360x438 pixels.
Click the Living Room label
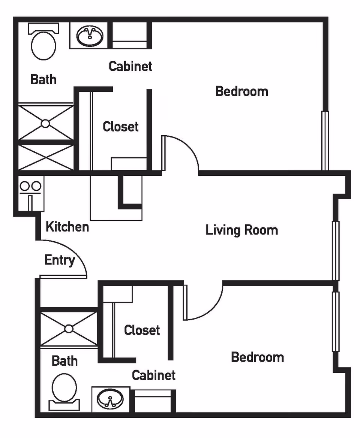click(x=241, y=230)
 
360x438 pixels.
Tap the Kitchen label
click(x=67, y=227)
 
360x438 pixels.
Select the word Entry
click(x=59, y=260)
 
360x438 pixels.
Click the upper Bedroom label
click(x=241, y=91)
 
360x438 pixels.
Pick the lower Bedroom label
click(x=257, y=357)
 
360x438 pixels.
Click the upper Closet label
click(x=120, y=127)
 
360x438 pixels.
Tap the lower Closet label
click(x=142, y=330)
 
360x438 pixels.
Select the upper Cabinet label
click(x=130, y=66)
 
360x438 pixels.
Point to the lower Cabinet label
click(x=153, y=375)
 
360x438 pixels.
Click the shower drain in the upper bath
click(x=45, y=123)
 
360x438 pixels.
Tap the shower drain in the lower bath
click(x=68, y=329)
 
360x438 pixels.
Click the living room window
click(x=336, y=251)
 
